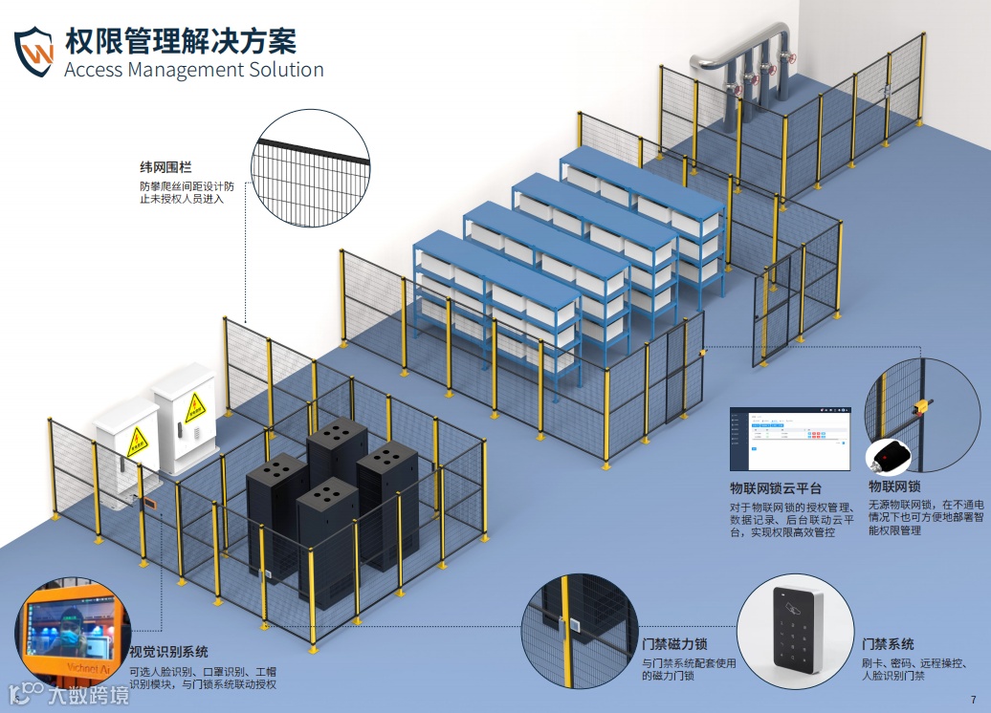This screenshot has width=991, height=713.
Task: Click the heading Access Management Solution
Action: click(193, 70)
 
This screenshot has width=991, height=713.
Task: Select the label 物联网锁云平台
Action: click(776, 488)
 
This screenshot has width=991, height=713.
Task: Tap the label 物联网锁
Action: click(894, 486)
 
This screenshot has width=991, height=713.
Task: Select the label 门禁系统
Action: click(888, 644)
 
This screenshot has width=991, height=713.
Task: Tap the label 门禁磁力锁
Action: click(675, 644)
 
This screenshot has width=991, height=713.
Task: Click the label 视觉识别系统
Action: click(168, 652)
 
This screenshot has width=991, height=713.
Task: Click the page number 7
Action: click(973, 699)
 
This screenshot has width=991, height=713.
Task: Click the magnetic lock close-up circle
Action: click(579, 631)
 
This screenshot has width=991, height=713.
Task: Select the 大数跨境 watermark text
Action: click(86, 695)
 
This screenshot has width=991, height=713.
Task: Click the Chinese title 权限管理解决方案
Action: click(181, 41)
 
